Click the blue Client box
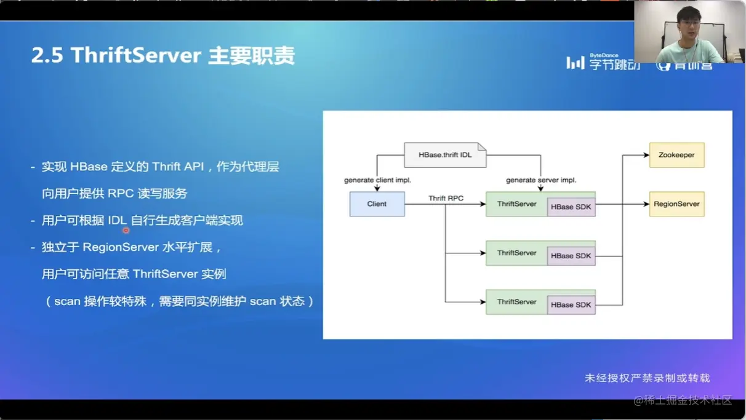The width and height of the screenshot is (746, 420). coord(377,204)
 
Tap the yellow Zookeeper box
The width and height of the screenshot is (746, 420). coord(676,155)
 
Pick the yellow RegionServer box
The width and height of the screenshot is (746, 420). coord(676,204)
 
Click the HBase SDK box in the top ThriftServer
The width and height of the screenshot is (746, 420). coord(571,207)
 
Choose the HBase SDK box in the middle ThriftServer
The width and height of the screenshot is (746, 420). coord(571,256)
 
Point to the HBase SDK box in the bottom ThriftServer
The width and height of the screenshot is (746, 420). coord(571,305)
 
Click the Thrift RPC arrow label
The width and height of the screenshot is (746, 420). coord(446,198)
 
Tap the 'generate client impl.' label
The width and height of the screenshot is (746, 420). coord(377,180)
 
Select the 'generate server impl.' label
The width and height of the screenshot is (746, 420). coord(541,180)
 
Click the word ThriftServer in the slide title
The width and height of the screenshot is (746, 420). coord(136,55)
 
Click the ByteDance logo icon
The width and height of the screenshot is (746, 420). coord(575,63)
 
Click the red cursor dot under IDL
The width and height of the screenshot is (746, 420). coord(126,231)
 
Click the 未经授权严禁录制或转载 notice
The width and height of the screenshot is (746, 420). coord(647,378)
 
